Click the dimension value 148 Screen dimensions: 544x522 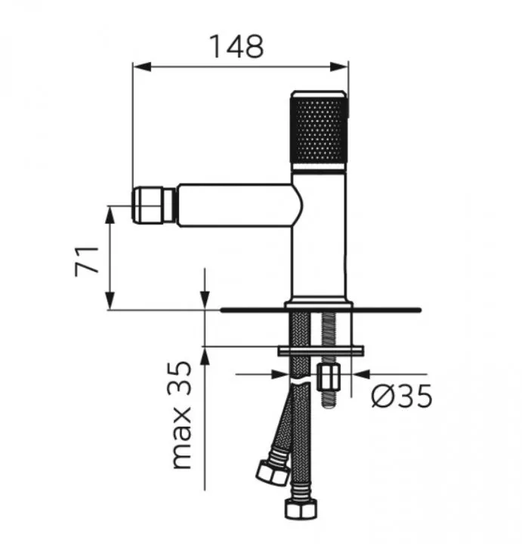(238, 46)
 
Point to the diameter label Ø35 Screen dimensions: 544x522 (401, 395)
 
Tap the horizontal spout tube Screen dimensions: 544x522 (234, 205)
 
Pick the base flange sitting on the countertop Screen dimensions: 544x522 (320, 306)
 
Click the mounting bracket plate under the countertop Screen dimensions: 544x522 (321, 350)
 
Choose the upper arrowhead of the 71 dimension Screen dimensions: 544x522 (110, 213)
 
